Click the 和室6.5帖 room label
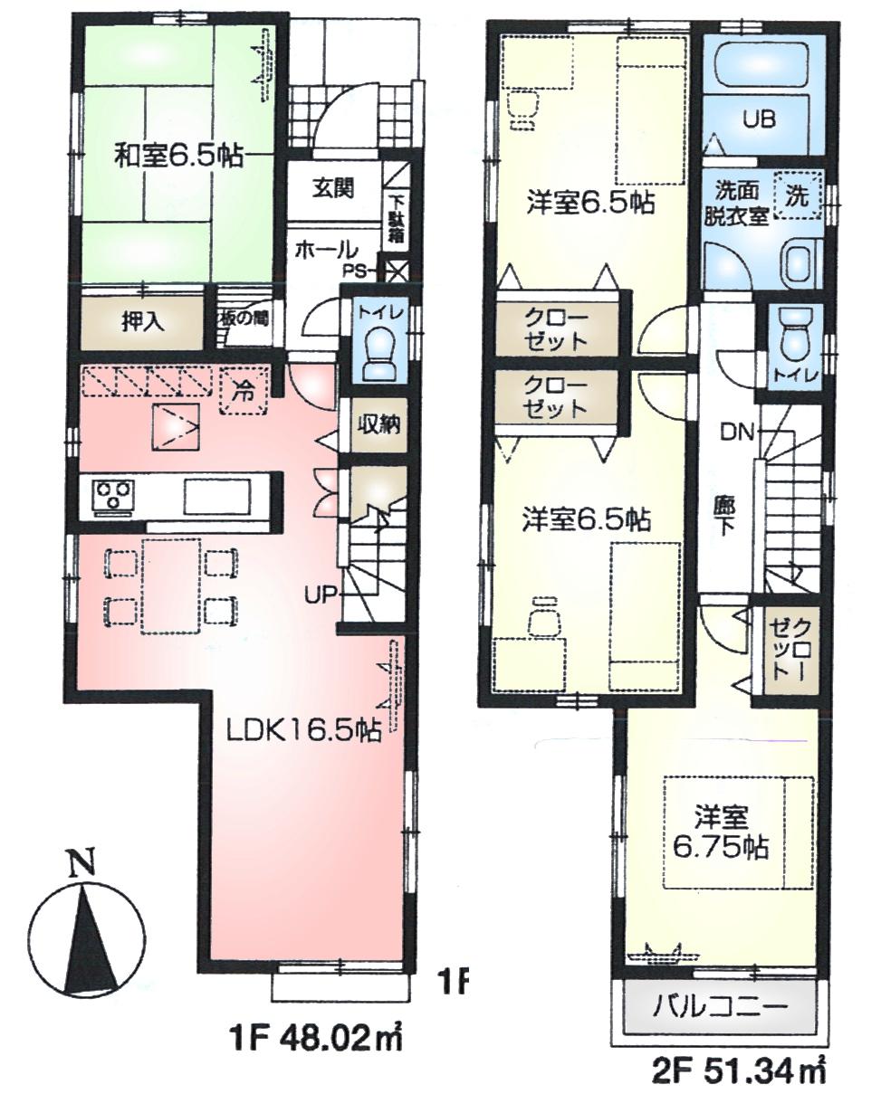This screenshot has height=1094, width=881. point(177,155)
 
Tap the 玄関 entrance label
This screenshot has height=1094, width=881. point(334,188)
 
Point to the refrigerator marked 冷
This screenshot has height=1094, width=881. point(244,395)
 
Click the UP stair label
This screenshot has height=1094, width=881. point(321,594)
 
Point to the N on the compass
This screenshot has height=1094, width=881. point(83,865)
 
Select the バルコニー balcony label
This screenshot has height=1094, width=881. point(721,1007)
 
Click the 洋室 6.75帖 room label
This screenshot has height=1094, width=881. point(721,833)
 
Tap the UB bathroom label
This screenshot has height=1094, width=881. point(759,119)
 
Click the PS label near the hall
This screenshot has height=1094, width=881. point(354,269)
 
